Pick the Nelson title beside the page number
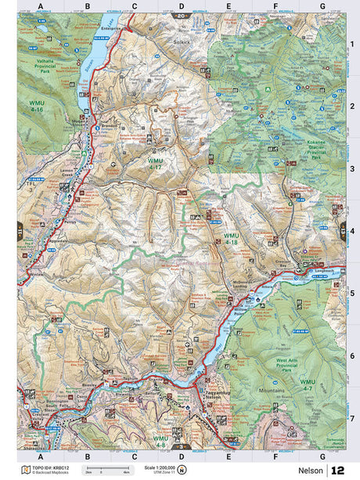[311, 470]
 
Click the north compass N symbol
[182, 470]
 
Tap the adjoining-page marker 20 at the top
[182, 15]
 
